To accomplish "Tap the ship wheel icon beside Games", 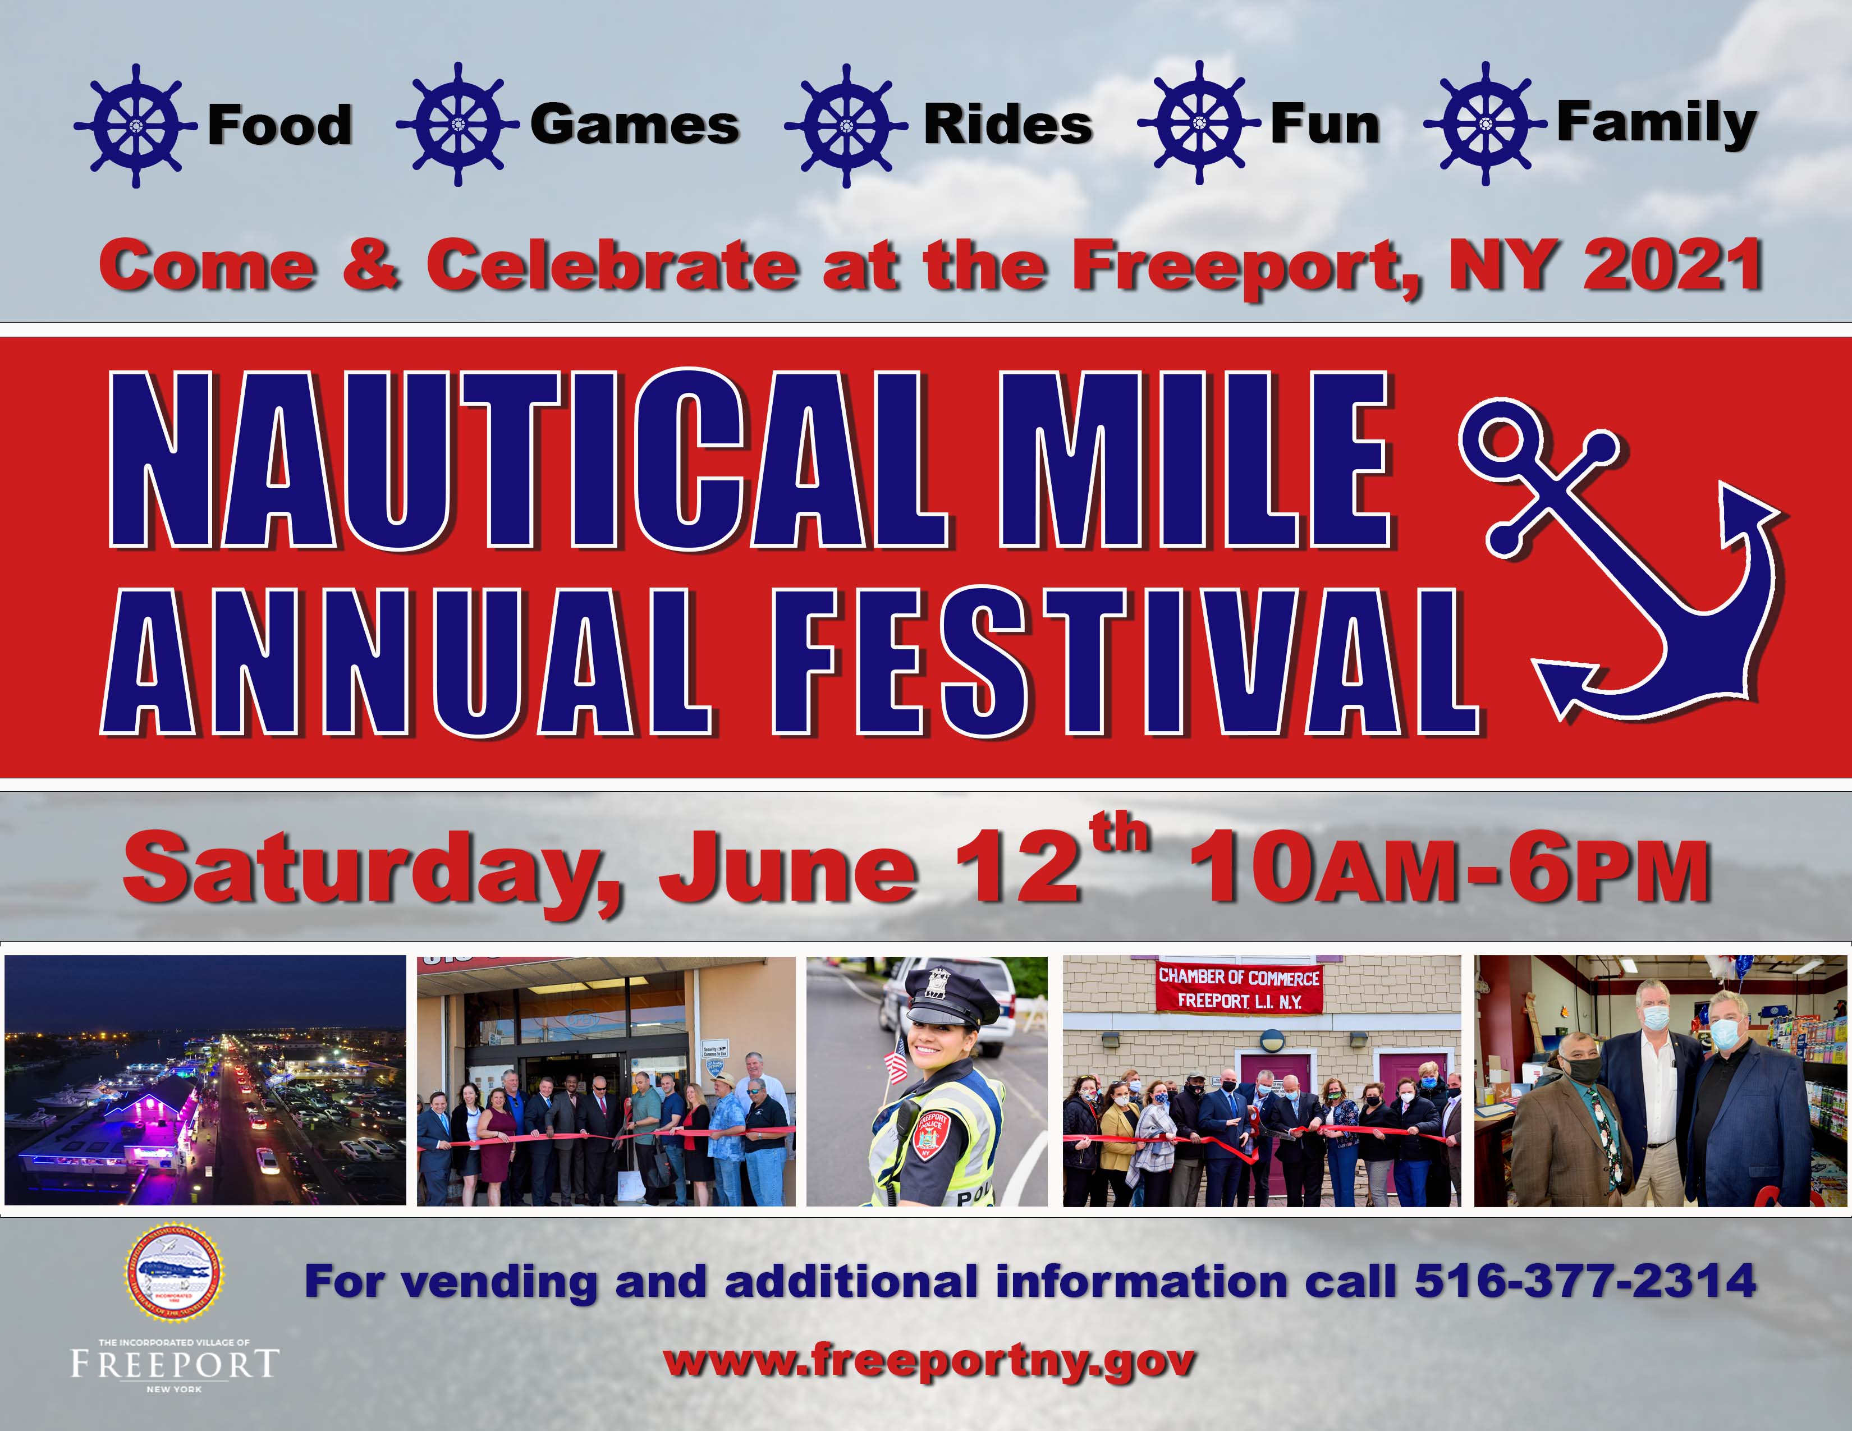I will (x=458, y=125).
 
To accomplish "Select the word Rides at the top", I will (x=1007, y=126).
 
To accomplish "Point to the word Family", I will (x=1656, y=124).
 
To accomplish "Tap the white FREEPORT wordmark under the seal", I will (x=175, y=1364).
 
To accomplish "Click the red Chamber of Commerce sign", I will (x=1239, y=988).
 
